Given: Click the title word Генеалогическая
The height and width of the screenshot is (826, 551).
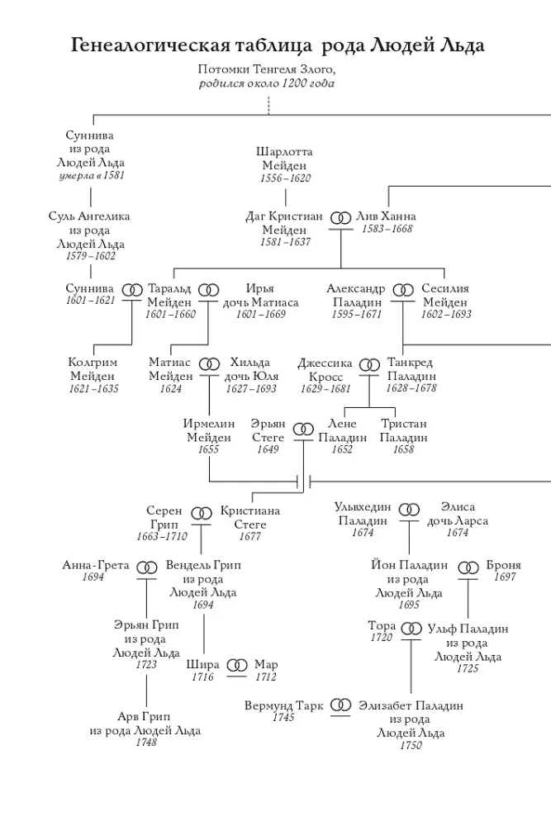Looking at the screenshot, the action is point(150,45).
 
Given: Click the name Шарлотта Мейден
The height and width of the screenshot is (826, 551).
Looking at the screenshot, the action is point(284,158).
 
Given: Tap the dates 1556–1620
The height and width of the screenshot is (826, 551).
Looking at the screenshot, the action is point(286,178).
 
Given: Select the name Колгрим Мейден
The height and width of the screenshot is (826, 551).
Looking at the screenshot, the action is point(93,368).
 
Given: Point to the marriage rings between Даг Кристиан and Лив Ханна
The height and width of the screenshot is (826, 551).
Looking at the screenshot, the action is point(341,217).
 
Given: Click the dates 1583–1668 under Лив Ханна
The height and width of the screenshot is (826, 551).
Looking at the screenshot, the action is point(387,229).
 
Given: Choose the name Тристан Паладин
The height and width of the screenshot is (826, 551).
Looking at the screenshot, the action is point(403,430).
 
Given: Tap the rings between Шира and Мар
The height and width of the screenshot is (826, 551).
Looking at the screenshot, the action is point(237,665).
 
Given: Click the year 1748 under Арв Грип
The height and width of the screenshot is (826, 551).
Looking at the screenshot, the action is point(146,742).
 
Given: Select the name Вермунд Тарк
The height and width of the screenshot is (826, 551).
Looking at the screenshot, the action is point(283,705).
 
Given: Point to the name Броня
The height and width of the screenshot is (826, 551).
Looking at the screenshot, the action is point(504,565).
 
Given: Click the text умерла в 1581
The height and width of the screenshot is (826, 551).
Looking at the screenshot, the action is point(92,175).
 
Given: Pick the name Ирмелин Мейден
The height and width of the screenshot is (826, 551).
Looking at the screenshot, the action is point(209,430).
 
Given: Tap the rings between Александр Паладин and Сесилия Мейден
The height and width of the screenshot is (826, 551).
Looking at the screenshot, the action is point(403,290).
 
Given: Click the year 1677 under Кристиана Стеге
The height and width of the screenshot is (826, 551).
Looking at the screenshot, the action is point(249,536).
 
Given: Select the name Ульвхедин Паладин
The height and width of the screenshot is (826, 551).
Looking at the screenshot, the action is point(363,514).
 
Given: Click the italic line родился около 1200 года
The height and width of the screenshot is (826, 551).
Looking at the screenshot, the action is point(267,83).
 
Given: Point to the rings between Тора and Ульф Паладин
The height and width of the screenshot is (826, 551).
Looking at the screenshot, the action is point(411,629).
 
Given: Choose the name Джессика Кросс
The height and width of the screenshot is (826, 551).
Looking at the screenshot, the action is point(325,369).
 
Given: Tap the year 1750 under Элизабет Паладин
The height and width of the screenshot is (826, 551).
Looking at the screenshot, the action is point(411,745).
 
